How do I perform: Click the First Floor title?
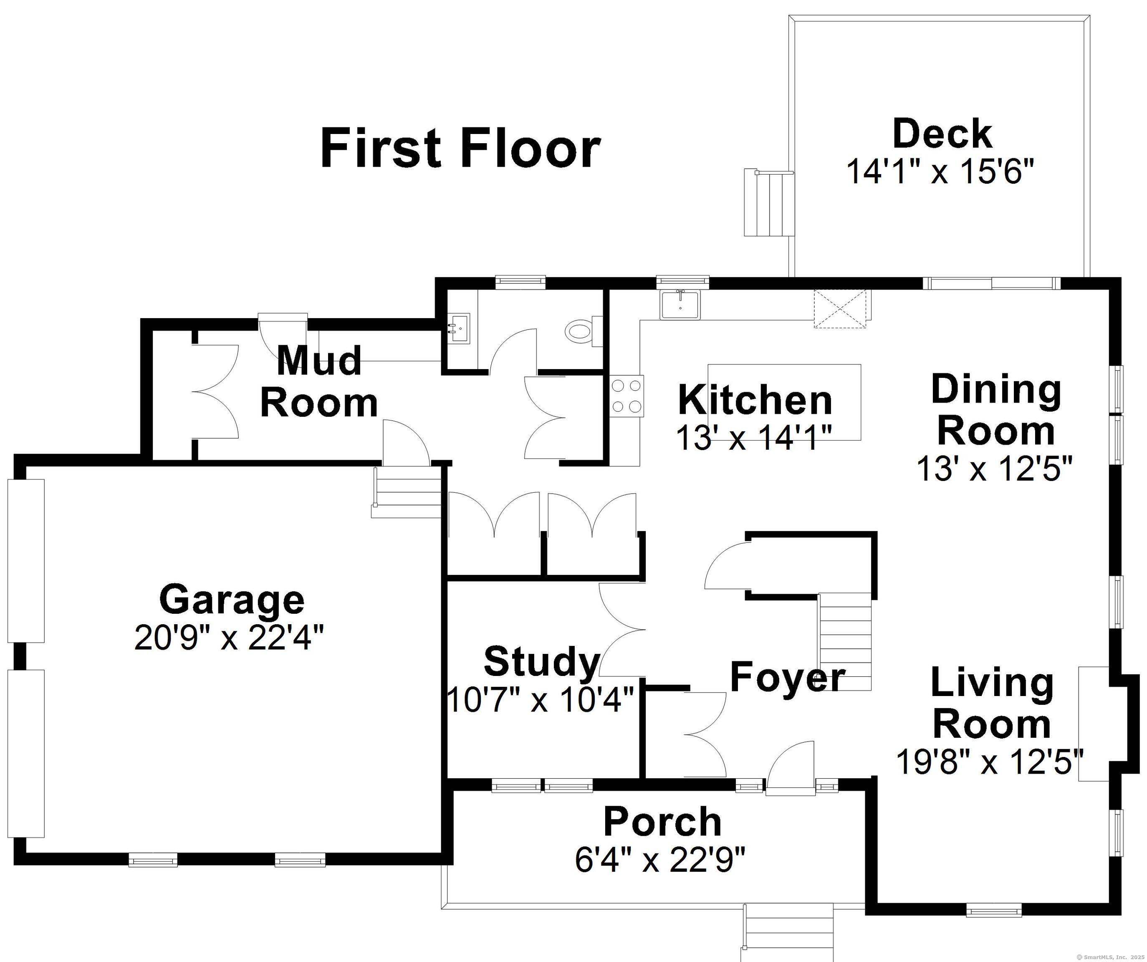click(x=460, y=147)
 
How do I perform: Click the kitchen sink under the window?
click(x=680, y=305)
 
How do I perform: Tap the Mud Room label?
click(x=319, y=382)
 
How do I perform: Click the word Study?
click(x=542, y=661)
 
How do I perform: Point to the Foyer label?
click(x=787, y=677)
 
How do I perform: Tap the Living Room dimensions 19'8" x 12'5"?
click(x=990, y=762)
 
